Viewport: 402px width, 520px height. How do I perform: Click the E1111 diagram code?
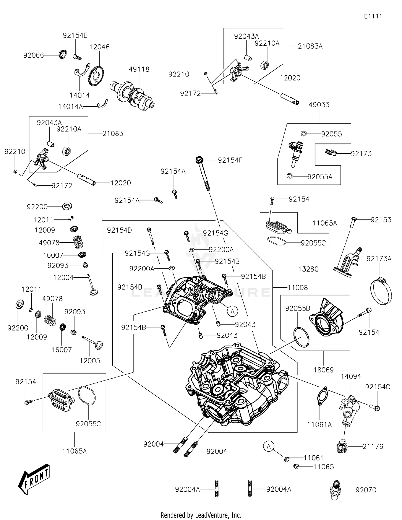point(373,16)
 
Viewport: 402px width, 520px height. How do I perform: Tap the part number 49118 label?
point(139,69)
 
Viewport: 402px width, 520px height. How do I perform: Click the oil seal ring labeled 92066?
point(63,54)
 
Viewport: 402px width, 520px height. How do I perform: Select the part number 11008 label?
point(297,288)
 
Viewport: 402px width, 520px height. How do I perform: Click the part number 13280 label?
point(308,269)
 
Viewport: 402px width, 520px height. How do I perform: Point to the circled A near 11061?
point(269,446)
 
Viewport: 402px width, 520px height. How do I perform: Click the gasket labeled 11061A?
point(322,396)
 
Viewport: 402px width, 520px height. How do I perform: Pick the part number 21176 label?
point(373,446)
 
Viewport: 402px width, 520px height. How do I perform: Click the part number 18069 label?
point(323,370)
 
